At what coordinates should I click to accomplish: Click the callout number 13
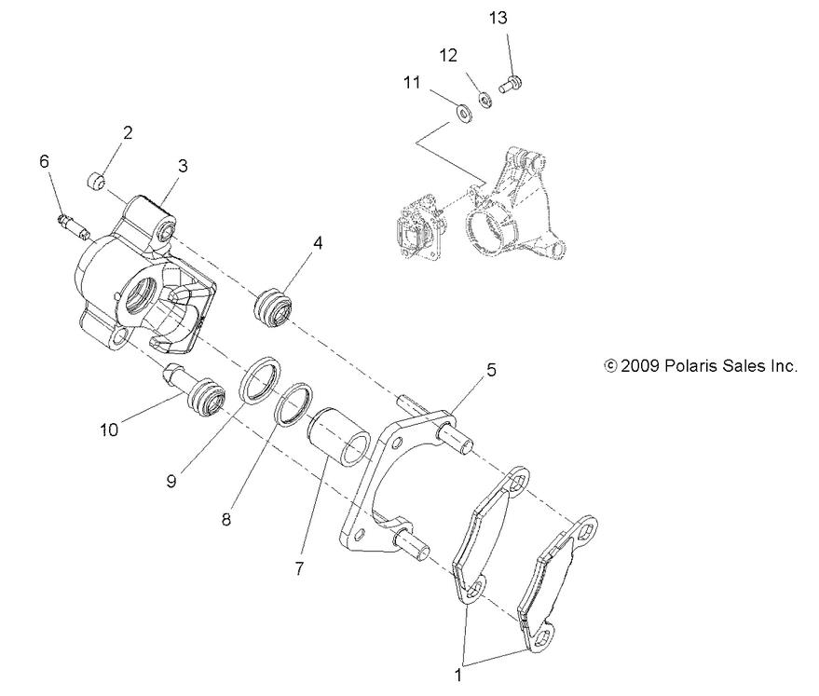click(498, 18)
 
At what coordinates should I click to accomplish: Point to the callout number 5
click(490, 369)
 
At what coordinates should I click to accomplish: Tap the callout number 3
click(183, 165)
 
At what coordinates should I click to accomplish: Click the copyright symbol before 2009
click(611, 366)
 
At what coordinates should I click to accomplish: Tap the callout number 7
click(299, 567)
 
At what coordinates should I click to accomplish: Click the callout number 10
click(108, 430)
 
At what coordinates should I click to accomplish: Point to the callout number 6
click(44, 160)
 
